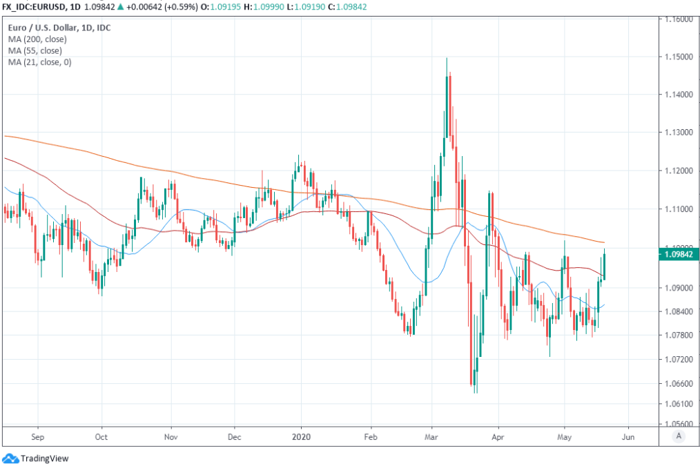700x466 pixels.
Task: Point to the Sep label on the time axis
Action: point(37,436)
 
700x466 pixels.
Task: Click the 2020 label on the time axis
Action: point(301,436)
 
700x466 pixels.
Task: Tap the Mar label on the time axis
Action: point(431,436)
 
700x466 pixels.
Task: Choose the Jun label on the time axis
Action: point(628,436)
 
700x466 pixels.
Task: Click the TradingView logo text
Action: point(44,458)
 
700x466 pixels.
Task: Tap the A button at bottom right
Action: point(679,436)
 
